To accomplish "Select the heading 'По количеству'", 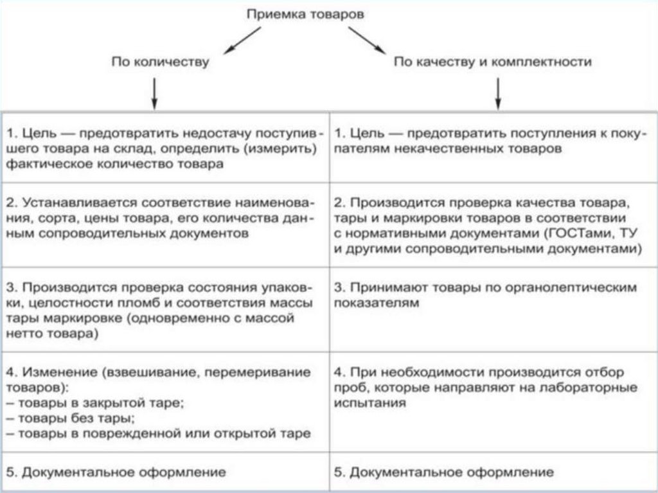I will click(160, 62).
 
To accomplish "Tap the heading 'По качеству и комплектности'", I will click(492, 62).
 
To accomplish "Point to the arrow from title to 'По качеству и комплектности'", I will click(366, 39).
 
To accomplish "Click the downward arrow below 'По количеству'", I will click(154, 94).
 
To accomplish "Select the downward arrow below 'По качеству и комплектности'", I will click(498, 94).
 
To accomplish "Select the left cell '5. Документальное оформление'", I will click(116, 472).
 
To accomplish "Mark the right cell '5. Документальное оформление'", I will click(443, 472).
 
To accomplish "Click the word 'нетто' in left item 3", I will click(25, 334).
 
